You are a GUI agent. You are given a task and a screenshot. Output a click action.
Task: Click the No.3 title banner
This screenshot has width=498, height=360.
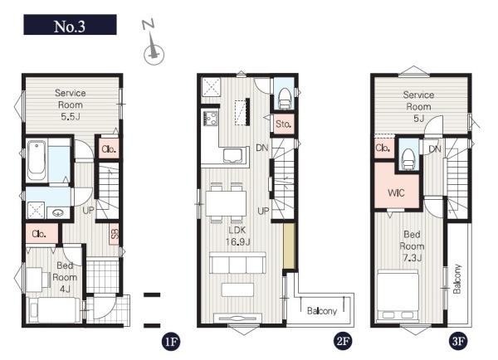[70, 24]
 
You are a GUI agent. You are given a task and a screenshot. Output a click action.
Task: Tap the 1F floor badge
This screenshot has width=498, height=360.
[171, 342]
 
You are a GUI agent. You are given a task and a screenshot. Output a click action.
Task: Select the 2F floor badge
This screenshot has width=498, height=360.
[343, 342]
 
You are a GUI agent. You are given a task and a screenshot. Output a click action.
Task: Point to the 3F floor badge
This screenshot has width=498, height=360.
[458, 342]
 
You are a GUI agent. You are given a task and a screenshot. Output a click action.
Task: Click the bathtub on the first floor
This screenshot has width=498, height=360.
[37, 161]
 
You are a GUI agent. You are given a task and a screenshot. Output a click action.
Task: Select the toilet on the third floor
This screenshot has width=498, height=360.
[408, 159]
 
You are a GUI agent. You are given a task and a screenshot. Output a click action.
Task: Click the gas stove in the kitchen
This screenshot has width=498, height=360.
[210, 117]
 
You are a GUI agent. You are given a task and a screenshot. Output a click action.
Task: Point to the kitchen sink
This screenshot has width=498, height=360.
[233, 155]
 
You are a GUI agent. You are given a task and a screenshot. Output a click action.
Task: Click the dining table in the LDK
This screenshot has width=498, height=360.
[226, 203]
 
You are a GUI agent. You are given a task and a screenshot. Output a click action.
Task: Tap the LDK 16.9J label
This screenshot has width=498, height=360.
[237, 236]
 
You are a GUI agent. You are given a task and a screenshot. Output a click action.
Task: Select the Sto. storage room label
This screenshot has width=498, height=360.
[283, 124]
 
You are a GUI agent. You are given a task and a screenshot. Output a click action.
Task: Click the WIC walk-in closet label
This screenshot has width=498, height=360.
[396, 192]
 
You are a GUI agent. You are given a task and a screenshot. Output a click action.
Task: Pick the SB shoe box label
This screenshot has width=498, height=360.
[115, 234]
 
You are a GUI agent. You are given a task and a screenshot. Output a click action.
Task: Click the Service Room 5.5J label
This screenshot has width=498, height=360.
[71, 105]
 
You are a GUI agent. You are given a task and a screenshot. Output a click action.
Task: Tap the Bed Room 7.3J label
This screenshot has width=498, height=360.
[412, 246]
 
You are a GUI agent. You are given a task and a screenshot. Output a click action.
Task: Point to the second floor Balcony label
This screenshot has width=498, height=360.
[322, 311]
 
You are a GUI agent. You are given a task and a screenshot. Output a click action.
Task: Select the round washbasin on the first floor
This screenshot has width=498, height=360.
[58, 212]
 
